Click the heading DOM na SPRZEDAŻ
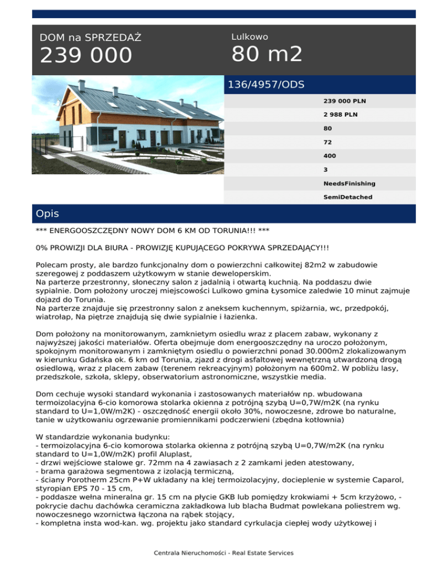tap(90, 38)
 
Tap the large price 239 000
tap(86, 57)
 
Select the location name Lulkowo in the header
tap(250, 37)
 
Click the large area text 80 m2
tap(267, 55)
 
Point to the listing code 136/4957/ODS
tap(266, 84)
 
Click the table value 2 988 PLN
tap(340, 115)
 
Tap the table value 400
tap(330, 156)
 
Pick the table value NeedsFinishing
tap(349, 183)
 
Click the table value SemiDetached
tap(348, 197)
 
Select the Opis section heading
tap(47, 214)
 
